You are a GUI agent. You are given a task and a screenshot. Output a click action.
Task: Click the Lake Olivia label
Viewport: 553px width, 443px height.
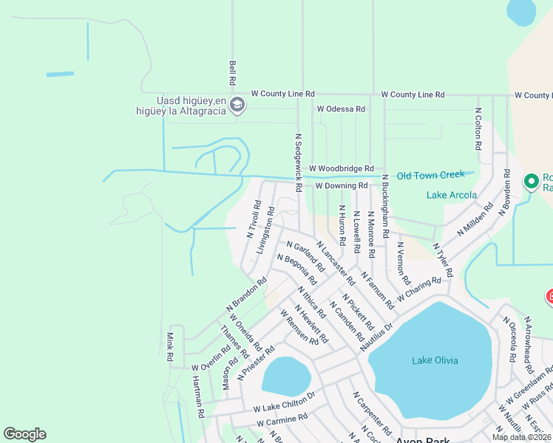435,360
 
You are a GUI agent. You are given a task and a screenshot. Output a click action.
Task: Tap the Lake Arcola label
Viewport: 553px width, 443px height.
452,195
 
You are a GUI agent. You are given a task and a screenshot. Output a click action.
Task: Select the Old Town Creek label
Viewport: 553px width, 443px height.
430,175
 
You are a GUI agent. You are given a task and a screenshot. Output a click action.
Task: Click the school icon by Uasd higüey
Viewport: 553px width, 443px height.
237,106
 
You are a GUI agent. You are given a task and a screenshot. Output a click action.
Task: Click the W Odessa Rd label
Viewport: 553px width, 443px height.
341,109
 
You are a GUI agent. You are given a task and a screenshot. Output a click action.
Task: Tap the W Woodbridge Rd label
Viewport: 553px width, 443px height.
342,169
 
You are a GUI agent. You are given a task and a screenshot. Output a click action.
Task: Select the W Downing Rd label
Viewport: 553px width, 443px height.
341,186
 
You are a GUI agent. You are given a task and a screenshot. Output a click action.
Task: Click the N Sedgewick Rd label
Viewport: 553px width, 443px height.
298,162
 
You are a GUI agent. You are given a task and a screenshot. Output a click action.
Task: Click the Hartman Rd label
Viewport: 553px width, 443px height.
197,397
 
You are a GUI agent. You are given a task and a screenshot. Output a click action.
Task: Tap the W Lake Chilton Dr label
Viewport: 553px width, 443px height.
284,407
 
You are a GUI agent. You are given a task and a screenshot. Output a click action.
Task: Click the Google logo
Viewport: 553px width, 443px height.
25,433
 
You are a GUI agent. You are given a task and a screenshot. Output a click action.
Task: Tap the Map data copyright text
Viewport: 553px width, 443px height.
520,437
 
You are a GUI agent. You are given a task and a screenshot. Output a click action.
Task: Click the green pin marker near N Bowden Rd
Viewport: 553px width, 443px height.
531,181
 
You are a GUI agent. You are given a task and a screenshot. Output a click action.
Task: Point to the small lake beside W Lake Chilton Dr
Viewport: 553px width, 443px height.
285,376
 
